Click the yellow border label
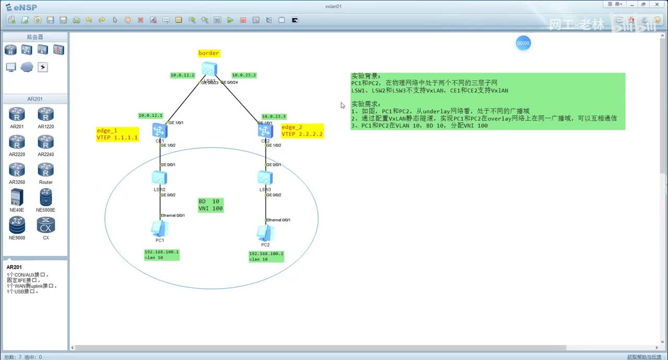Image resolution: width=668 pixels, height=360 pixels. (209, 53)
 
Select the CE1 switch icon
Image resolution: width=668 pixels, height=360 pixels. (160, 130)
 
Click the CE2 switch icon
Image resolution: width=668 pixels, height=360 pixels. (265, 130)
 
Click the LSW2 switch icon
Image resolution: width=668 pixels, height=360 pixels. (160, 177)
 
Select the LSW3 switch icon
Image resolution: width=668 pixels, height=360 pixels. (265, 177)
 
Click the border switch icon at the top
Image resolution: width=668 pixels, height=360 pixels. (209, 69)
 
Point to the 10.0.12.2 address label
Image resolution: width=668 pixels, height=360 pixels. (182, 75)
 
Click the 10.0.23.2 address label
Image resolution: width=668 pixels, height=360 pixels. (244, 75)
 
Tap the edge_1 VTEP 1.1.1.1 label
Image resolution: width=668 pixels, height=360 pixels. (117, 134)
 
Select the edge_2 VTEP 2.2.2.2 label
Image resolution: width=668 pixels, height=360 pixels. (302, 131)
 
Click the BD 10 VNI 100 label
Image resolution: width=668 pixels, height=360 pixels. (210, 205)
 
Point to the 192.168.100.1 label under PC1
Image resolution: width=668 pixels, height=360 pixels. (161, 255)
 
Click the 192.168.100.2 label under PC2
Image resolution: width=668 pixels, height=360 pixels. (266, 256)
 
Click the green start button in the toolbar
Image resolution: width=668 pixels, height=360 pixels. (230, 20)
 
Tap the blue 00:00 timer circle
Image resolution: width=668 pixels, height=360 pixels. (523, 43)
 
